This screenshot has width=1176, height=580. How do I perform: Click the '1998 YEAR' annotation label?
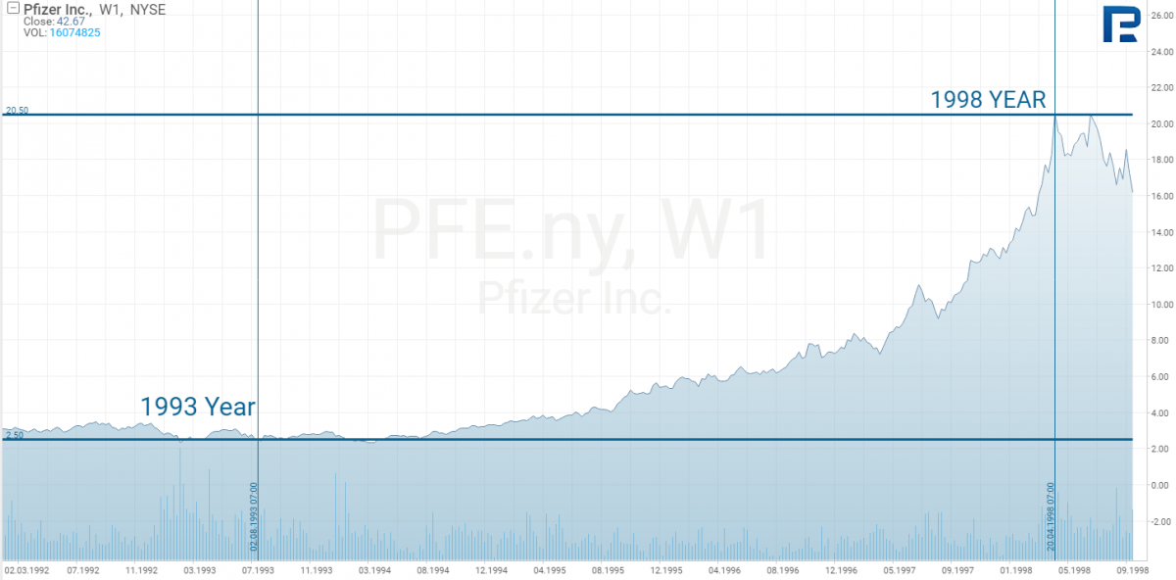(988, 99)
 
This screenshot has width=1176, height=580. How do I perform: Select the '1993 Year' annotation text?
(198, 407)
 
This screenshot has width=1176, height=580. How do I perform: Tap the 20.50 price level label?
(17, 111)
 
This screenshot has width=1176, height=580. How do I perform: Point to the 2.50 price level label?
(15, 435)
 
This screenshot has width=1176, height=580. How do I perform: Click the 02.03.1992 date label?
(27, 568)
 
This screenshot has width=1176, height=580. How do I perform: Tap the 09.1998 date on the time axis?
(1130, 568)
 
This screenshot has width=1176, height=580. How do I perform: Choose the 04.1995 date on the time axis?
(549, 568)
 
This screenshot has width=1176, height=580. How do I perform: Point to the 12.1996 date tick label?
(843, 568)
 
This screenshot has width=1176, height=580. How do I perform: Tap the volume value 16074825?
(74, 32)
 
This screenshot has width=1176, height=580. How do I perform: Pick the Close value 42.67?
(71, 21)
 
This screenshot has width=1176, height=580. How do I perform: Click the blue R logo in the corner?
(1120, 24)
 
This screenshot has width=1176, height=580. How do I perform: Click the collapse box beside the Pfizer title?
(13, 8)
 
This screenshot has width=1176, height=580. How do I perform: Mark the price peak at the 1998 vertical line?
(1054, 117)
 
